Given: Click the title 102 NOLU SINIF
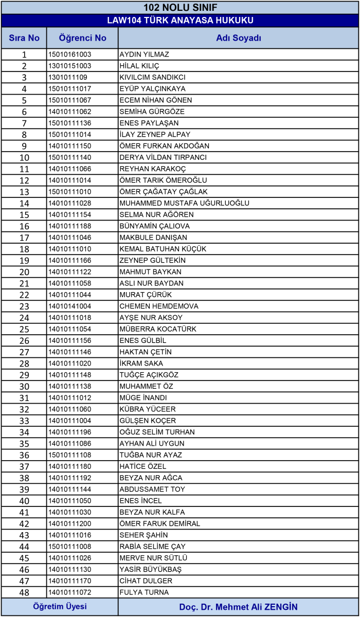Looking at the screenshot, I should pyautogui.click(x=180, y=7).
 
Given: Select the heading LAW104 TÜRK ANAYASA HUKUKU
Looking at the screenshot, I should pyautogui.click(x=180, y=21).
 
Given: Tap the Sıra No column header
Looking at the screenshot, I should pyautogui.click(x=24, y=38).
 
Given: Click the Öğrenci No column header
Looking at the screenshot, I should pyautogui.click(x=82, y=38).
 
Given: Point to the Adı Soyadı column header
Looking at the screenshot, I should pyautogui.click(x=239, y=38).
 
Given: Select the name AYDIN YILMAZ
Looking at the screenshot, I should pyautogui.click(x=144, y=55).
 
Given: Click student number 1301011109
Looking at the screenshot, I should pyautogui.click(x=68, y=77).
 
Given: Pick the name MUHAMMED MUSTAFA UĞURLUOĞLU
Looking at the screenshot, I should pyautogui.click(x=184, y=203).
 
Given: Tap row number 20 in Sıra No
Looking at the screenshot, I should pyautogui.click(x=24, y=272).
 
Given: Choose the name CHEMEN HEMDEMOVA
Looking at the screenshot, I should pyautogui.click(x=151, y=306).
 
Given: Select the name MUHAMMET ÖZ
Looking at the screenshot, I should pyautogui.click(x=146, y=386).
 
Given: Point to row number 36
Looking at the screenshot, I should pyautogui.click(x=24, y=455).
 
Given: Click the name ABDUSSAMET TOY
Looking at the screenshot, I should pyautogui.click(x=152, y=489).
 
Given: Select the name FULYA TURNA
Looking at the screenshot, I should pyautogui.click(x=143, y=592).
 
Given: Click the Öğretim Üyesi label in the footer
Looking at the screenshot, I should pyautogui.click(x=60, y=607).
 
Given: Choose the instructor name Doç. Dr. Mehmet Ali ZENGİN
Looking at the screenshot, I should pyautogui.click(x=239, y=607).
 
